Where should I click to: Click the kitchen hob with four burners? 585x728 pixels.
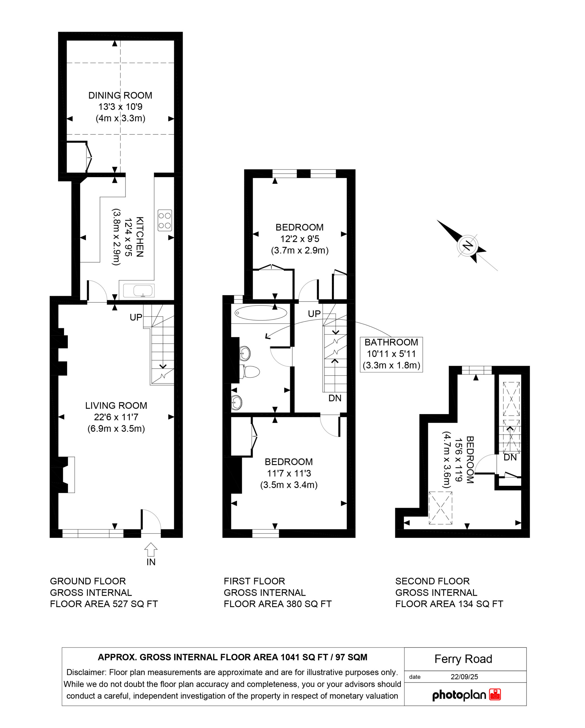[x=165, y=220]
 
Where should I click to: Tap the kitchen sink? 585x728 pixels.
[x=139, y=290]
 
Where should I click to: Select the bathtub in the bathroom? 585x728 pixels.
[x=260, y=313]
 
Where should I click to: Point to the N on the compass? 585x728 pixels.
[x=468, y=245]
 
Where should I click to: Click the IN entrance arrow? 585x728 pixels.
[x=151, y=549]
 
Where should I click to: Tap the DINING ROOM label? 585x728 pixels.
[x=120, y=96]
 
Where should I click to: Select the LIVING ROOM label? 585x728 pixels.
[x=116, y=406]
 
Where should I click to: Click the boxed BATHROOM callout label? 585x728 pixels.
[x=391, y=355]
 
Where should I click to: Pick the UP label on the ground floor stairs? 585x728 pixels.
[x=136, y=317]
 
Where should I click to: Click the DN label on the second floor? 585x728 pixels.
[x=510, y=457]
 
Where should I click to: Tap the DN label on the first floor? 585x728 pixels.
[x=335, y=398]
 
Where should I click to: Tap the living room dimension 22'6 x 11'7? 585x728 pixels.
[x=116, y=417]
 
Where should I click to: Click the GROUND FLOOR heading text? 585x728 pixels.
[x=88, y=581]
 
